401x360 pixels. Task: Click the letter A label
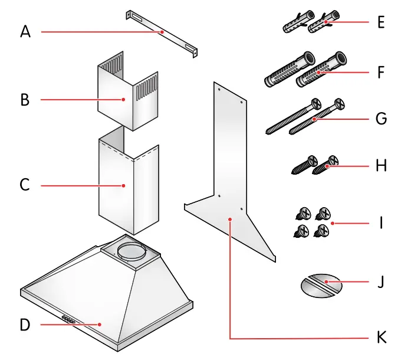click(x=24, y=31)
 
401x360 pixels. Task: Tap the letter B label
click(x=24, y=99)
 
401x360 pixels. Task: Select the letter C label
click(x=24, y=185)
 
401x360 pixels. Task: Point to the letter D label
click(x=24, y=325)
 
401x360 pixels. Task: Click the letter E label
click(x=380, y=23)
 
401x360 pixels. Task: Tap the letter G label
click(x=380, y=119)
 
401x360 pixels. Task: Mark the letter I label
click(x=381, y=223)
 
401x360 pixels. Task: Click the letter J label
click(x=380, y=282)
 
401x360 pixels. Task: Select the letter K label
click(x=380, y=338)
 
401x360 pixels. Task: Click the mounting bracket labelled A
click(x=160, y=33)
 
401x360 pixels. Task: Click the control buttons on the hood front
click(x=68, y=320)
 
